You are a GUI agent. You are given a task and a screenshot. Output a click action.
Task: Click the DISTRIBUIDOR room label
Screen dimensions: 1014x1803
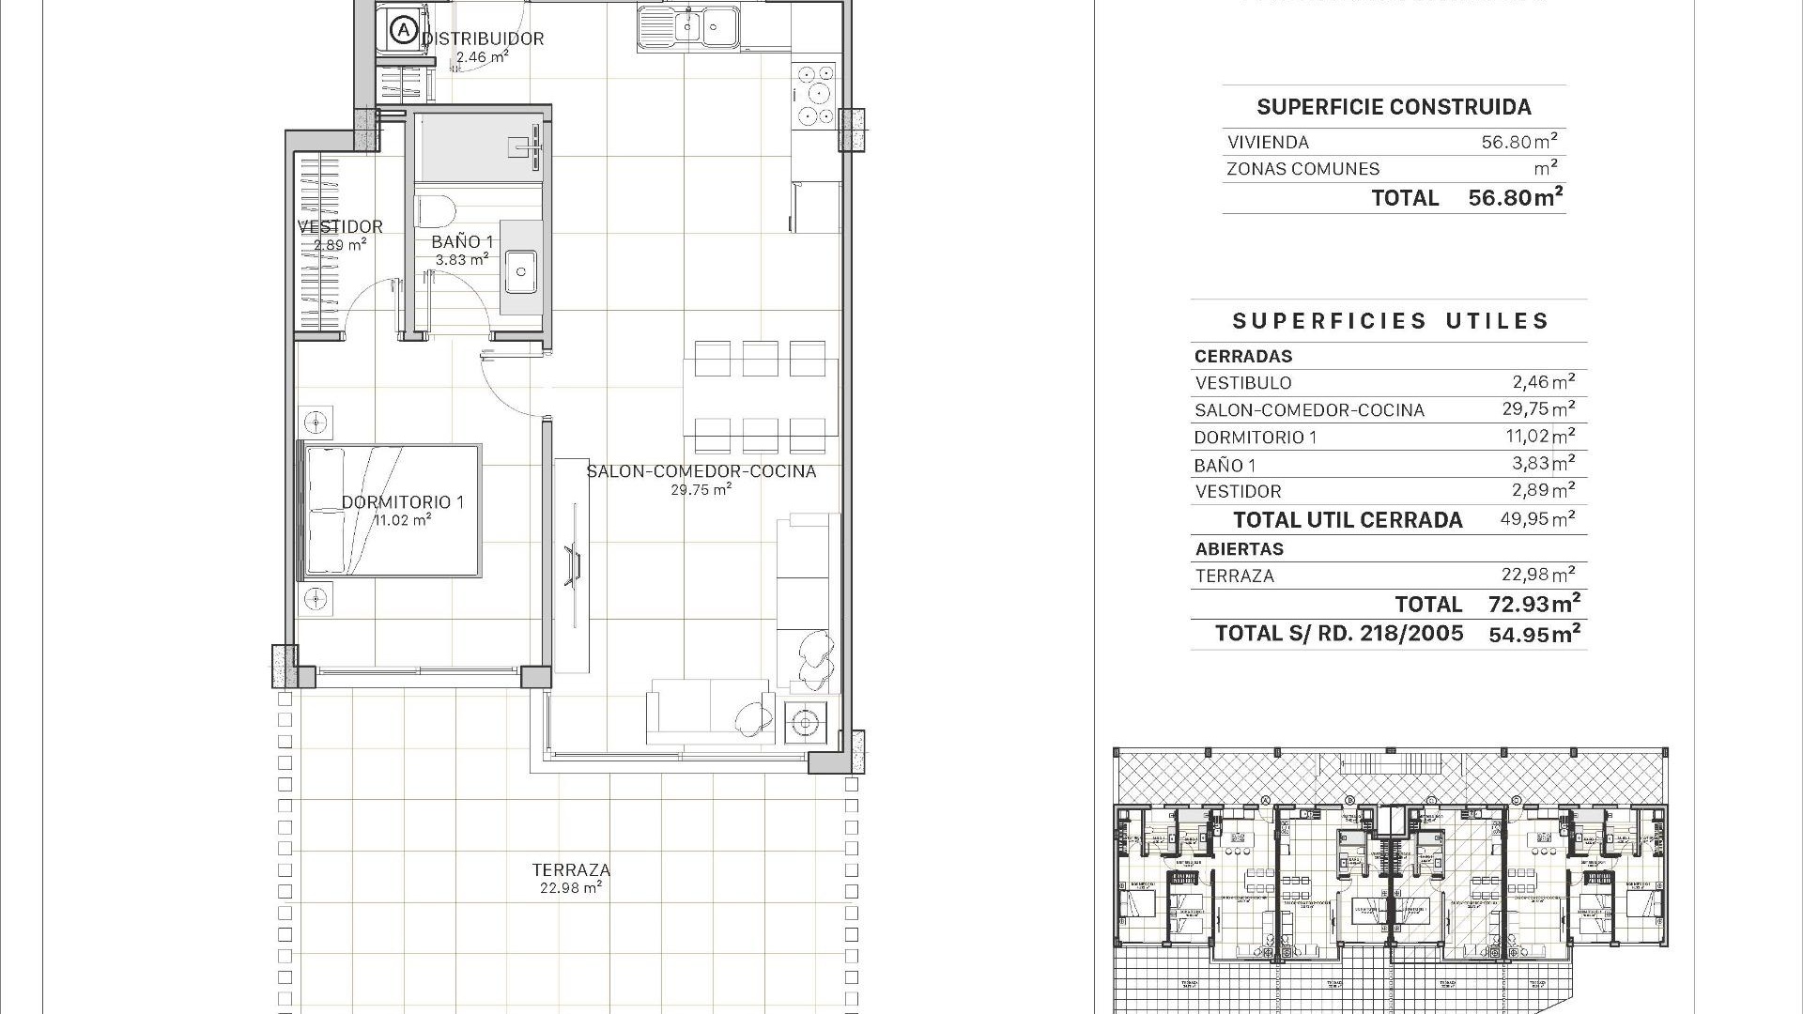coord(483,38)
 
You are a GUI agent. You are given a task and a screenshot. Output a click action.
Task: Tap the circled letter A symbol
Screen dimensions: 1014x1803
coord(404,30)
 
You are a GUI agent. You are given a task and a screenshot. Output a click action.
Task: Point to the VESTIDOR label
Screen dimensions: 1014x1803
coord(340,226)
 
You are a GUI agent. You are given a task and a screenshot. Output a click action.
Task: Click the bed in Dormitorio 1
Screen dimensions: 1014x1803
coord(391,510)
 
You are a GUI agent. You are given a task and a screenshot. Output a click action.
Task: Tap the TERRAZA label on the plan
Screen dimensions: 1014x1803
coord(571,870)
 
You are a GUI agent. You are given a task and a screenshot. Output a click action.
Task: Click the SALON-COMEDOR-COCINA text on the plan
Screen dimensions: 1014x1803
coord(701,471)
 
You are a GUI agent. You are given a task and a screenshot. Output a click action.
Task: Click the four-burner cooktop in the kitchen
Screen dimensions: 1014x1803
coord(814,94)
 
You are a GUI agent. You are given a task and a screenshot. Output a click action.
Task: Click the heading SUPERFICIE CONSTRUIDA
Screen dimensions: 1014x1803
coord(1394,107)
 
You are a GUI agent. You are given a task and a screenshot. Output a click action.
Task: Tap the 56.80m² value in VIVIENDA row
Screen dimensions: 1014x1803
coord(1518,142)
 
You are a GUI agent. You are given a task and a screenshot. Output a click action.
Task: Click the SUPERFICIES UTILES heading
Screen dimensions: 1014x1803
coord(1390,321)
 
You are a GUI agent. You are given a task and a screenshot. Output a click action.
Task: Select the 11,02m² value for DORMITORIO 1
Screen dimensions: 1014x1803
coord(1537,437)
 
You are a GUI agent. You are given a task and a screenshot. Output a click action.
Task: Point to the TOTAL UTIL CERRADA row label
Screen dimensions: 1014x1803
coord(1348,520)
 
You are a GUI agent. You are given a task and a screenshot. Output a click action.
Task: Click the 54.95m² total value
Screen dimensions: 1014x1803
coord(1533,635)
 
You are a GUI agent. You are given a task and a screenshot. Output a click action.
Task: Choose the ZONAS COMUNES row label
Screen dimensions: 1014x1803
coord(1302,169)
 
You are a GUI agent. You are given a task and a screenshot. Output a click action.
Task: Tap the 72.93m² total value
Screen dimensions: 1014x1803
coord(1533,604)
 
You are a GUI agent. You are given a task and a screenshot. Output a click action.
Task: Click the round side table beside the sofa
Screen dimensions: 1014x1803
coord(805,723)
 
